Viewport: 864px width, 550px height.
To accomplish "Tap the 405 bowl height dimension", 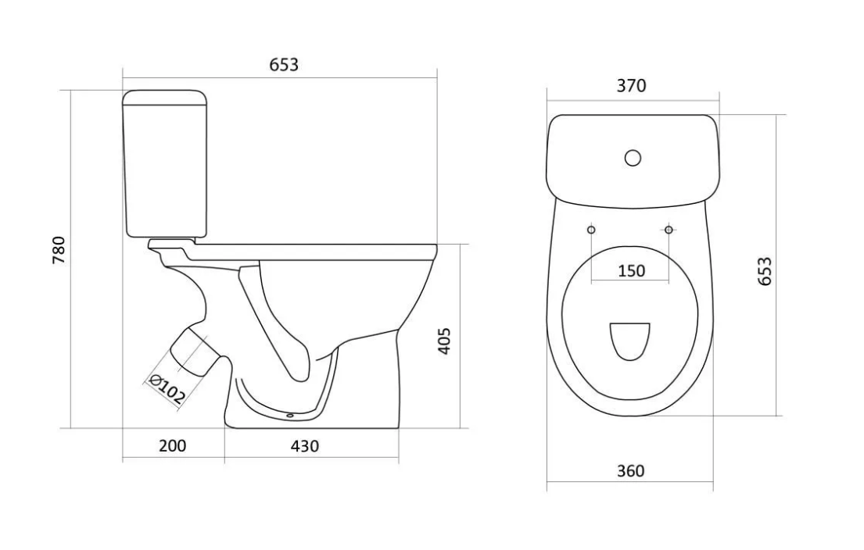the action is [x=444, y=341].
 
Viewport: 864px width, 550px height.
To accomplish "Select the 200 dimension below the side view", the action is [x=173, y=445].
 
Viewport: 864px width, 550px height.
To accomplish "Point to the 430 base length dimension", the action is [x=305, y=445].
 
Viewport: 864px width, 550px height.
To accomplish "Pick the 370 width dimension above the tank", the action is [x=631, y=86].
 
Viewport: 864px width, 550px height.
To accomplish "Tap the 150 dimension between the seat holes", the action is [x=631, y=271].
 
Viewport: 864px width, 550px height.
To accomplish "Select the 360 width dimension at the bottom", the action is [x=630, y=471].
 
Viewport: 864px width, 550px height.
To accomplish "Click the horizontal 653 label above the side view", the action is [x=284, y=65].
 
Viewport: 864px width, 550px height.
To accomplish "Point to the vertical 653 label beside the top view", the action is [x=765, y=271].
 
